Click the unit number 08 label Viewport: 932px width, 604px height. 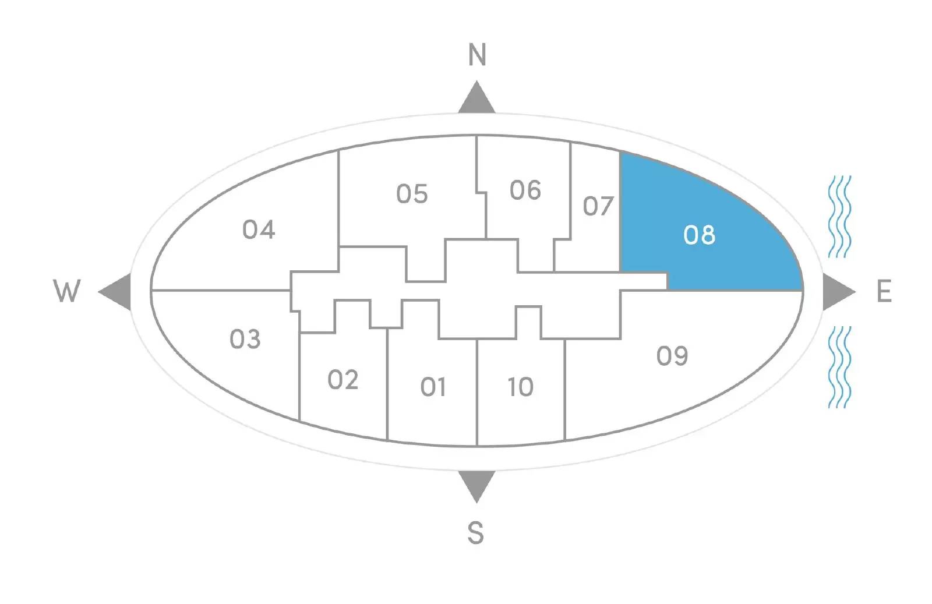pyautogui.click(x=699, y=235)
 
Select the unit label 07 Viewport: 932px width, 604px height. pyautogui.click(x=598, y=206)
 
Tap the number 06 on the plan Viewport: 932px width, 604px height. pyautogui.click(x=525, y=190)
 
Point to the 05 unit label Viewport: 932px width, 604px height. pyautogui.click(x=412, y=194)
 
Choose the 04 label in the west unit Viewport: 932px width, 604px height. pyautogui.click(x=259, y=229)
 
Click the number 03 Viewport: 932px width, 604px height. pyautogui.click(x=245, y=339)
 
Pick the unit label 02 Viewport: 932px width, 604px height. pyautogui.click(x=343, y=380)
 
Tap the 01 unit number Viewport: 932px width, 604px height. pyautogui.click(x=433, y=387)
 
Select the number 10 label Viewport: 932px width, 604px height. pyautogui.click(x=521, y=387)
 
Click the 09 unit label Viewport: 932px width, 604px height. pyautogui.click(x=672, y=356)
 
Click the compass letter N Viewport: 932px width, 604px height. pyautogui.click(x=477, y=55)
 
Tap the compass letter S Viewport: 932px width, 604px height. pyautogui.click(x=476, y=533)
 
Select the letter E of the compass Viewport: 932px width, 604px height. pyautogui.click(x=884, y=291)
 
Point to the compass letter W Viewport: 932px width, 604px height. pyautogui.click(x=66, y=291)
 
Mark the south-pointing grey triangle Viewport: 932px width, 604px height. pyautogui.click(x=477, y=485)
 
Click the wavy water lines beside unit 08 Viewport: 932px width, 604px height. pyautogui.click(x=839, y=217)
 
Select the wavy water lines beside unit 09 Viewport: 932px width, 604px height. pyautogui.click(x=839, y=367)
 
